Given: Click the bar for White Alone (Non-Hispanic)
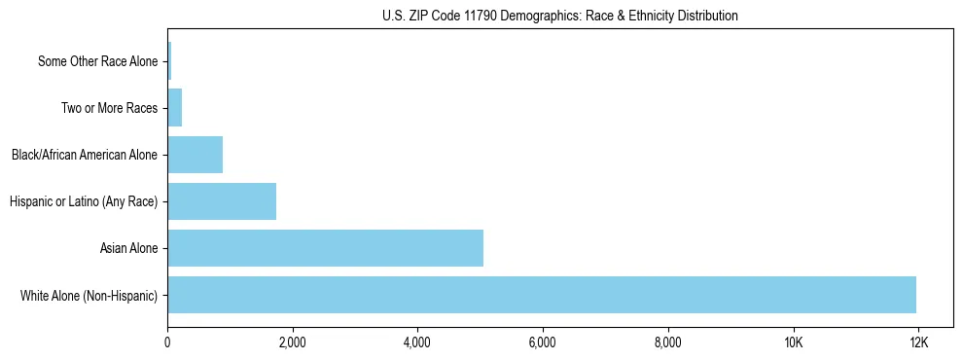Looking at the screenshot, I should [x=542, y=295].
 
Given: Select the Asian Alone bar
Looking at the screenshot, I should [x=325, y=248].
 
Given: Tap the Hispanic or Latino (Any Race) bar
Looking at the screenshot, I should [x=222, y=201].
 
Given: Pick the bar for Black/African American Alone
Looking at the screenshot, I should [x=195, y=155].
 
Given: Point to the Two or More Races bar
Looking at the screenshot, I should [x=175, y=108].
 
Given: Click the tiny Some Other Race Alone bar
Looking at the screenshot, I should [x=169, y=61].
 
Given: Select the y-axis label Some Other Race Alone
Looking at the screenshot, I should [x=97, y=61].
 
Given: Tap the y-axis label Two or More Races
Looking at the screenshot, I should [x=109, y=108].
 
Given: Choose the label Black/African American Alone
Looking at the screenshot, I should [x=84, y=155].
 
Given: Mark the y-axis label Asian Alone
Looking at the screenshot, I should [x=128, y=248].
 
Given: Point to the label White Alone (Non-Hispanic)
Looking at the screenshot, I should [x=89, y=295].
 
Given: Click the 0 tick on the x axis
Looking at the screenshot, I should [x=167, y=342].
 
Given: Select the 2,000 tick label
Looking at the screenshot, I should [x=292, y=342].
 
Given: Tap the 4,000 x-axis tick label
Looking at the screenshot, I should [x=417, y=342].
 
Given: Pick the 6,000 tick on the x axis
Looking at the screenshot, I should [x=542, y=342].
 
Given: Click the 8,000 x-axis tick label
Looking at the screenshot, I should [x=667, y=342].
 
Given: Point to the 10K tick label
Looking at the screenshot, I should [x=793, y=342].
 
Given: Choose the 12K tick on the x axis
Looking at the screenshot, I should [x=917, y=342].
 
